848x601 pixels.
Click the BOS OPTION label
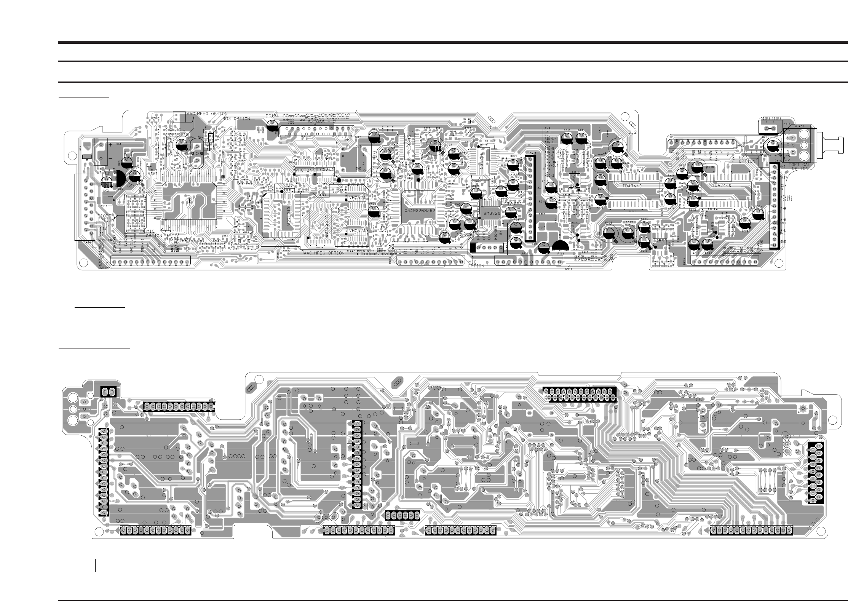(x=236, y=119)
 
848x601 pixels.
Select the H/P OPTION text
(x=747, y=159)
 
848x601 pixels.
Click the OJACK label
(x=789, y=127)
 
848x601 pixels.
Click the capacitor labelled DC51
(x=444, y=237)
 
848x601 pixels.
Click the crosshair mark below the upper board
(x=97, y=306)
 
